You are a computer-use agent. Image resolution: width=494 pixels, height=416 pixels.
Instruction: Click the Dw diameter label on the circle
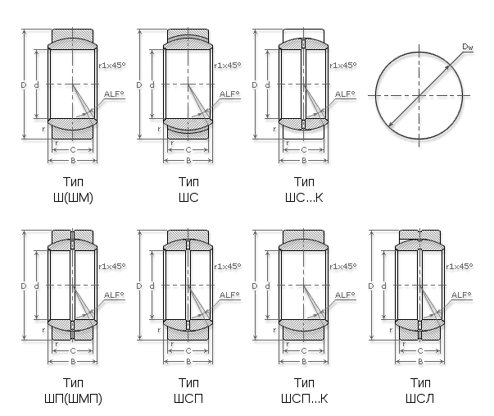coord(468,47)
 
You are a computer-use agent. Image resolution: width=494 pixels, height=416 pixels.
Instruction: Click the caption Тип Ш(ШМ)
coord(73,190)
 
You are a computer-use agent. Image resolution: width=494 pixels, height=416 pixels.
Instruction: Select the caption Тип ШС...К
coord(304,190)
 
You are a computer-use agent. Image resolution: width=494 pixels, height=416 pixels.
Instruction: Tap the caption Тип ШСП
coord(188,391)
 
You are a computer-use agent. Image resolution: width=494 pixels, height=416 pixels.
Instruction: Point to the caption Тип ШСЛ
coord(420,391)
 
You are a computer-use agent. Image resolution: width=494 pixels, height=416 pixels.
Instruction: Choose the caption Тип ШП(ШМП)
coord(73,391)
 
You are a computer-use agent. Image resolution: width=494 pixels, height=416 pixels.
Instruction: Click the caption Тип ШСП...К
coord(304,391)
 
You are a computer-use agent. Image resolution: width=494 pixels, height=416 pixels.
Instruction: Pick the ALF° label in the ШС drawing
coord(229,94)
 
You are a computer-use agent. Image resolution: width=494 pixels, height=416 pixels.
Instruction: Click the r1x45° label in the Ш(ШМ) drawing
coord(112,66)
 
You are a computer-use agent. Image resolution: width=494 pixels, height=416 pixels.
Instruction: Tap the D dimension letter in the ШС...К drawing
coord(255,85)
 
